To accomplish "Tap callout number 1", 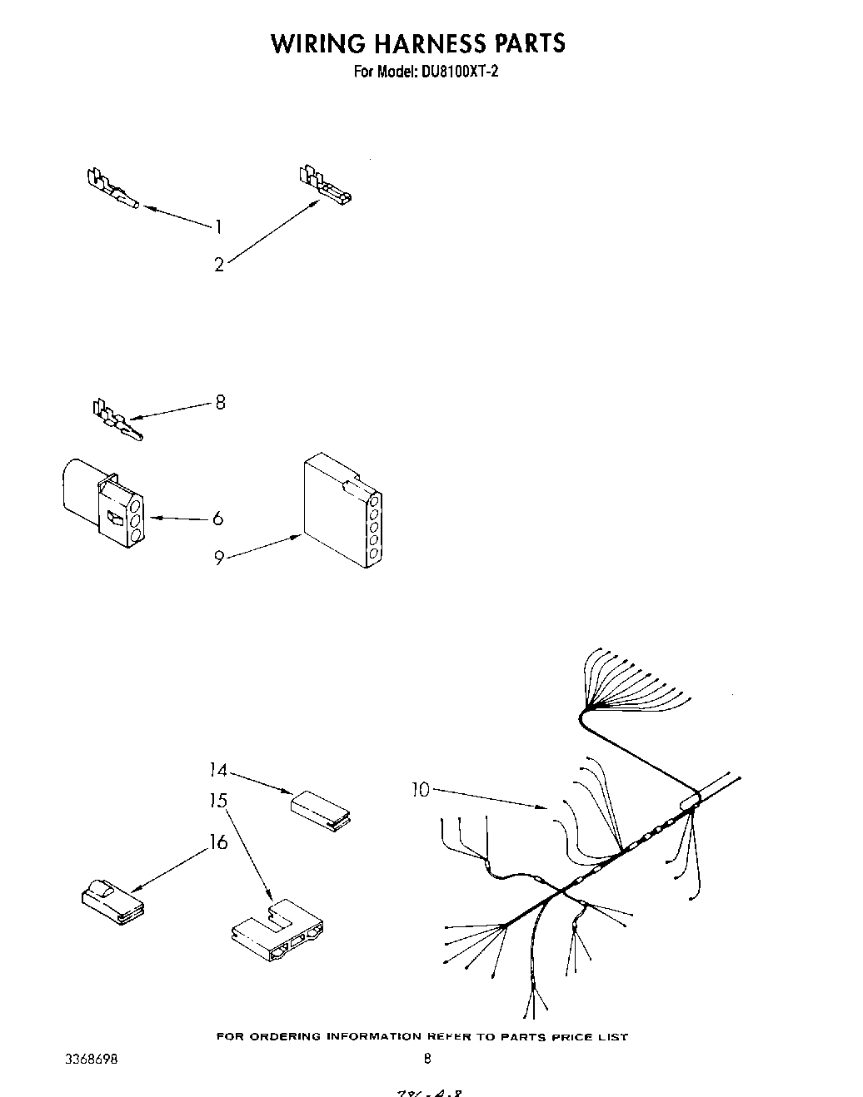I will click(218, 226).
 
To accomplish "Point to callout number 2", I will click(218, 266).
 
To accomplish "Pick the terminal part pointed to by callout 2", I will click(325, 186).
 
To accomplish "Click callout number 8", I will click(220, 403).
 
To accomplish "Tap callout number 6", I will click(218, 519).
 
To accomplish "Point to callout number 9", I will click(218, 558).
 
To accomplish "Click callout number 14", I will click(217, 770).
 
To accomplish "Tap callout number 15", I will click(218, 801).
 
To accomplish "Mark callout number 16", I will click(218, 842).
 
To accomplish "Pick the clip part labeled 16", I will click(111, 902).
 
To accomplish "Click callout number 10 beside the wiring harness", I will click(421, 789).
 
